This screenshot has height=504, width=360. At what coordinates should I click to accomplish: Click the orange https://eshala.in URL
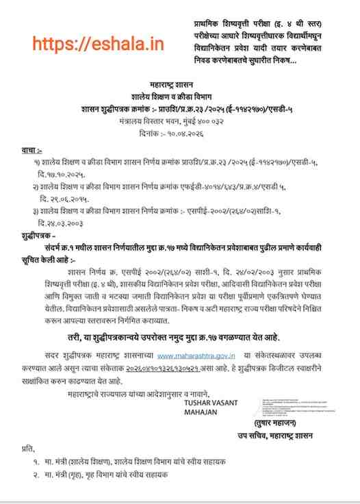tap(99, 45)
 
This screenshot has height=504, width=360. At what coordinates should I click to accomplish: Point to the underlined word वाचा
tap(31, 149)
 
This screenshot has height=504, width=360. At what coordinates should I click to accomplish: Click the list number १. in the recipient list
tap(36, 462)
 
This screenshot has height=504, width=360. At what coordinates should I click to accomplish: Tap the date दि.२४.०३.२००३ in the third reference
tap(65, 223)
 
